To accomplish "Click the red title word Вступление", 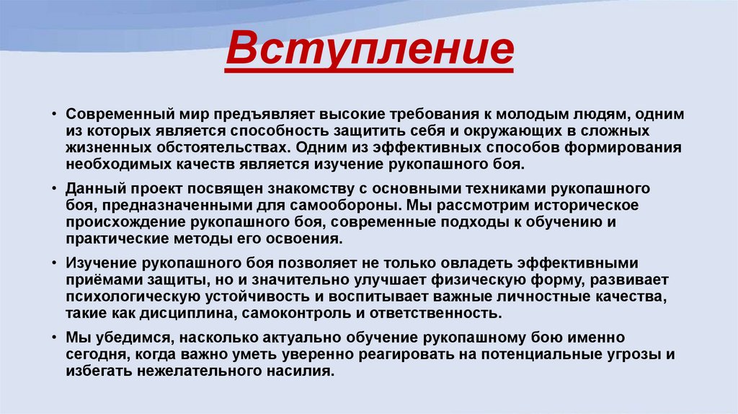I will [369, 50].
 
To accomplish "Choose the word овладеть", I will [395, 263].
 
